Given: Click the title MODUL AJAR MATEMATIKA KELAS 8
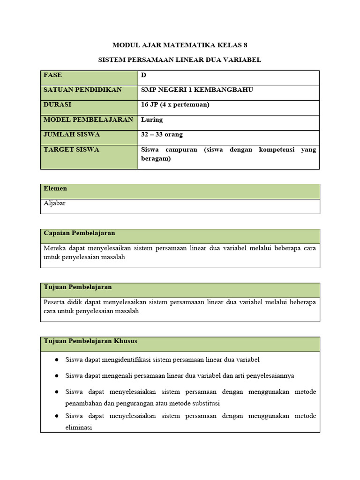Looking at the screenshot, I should [x=180, y=45].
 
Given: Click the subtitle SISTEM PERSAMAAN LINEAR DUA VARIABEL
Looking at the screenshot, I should [x=180, y=60].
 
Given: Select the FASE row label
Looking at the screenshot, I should [x=52, y=75].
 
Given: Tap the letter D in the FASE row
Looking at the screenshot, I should [x=143, y=75].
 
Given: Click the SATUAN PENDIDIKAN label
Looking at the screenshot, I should [x=82, y=90].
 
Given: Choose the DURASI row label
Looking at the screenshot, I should [x=57, y=105].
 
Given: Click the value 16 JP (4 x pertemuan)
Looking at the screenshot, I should [x=175, y=105].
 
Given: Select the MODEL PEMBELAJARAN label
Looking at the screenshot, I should [x=88, y=120].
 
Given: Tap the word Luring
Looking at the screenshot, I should [x=152, y=120].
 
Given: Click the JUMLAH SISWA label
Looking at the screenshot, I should [x=71, y=135].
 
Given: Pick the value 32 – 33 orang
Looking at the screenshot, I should [x=162, y=135].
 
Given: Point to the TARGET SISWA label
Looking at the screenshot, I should [x=71, y=150].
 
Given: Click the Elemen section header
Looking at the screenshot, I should [x=55, y=188].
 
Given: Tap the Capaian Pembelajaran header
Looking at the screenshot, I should [x=79, y=233].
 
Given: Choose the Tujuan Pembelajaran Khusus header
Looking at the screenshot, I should [x=90, y=341].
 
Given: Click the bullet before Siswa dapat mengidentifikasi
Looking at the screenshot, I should [x=57, y=360].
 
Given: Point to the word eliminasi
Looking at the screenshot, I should [x=79, y=427].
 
